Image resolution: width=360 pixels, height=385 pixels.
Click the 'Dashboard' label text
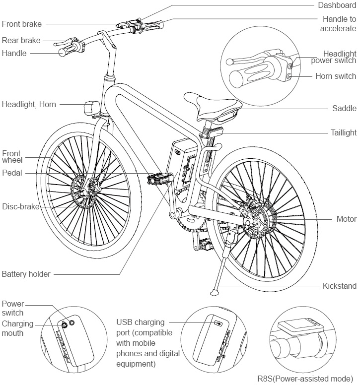pos(337,5)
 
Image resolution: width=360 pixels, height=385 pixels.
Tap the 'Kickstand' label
pos(339,286)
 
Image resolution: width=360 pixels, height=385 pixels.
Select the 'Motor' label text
pos(346,219)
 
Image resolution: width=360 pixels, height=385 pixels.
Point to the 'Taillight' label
pos(343,132)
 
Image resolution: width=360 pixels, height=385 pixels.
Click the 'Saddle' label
pos(344,108)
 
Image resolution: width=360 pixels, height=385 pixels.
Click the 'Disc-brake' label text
pos(20,206)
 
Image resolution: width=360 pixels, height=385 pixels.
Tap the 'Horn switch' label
pos(336,76)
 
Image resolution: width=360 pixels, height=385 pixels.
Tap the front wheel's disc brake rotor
pos(82,191)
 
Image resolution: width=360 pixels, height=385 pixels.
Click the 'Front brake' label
pos(22,23)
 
